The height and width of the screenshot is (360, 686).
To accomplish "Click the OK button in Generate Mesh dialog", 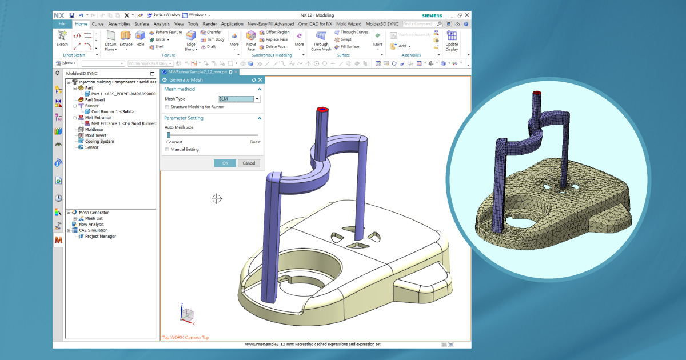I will pyautogui.click(x=225, y=163).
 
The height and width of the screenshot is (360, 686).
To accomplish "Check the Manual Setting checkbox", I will pyautogui.click(x=167, y=149).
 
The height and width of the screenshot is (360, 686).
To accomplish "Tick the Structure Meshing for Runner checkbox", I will pyautogui.click(x=167, y=107).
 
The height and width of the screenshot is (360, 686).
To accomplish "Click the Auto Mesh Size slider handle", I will pyautogui.click(x=168, y=134).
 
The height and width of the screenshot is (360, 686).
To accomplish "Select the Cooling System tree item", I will pyautogui.click(x=99, y=141).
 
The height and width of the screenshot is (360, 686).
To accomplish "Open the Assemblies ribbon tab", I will pyautogui.click(x=119, y=24).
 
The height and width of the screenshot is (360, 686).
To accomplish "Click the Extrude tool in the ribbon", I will pyautogui.click(x=126, y=38).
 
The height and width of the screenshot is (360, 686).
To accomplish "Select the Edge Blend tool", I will pyautogui.click(x=191, y=41).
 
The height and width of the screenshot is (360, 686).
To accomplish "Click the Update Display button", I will pyautogui.click(x=452, y=40).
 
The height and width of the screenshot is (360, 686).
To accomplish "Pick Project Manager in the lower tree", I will pyautogui.click(x=100, y=236).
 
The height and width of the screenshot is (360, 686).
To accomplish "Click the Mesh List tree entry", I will pyautogui.click(x=94, y=218).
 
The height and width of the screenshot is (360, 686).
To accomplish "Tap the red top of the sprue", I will pyautogui.click(x=322, y=109).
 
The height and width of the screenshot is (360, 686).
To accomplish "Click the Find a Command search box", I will pyautogui.click(x=420, y=24).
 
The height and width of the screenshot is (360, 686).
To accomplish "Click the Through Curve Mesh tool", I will pyautogui.click(x=321, y=40).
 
